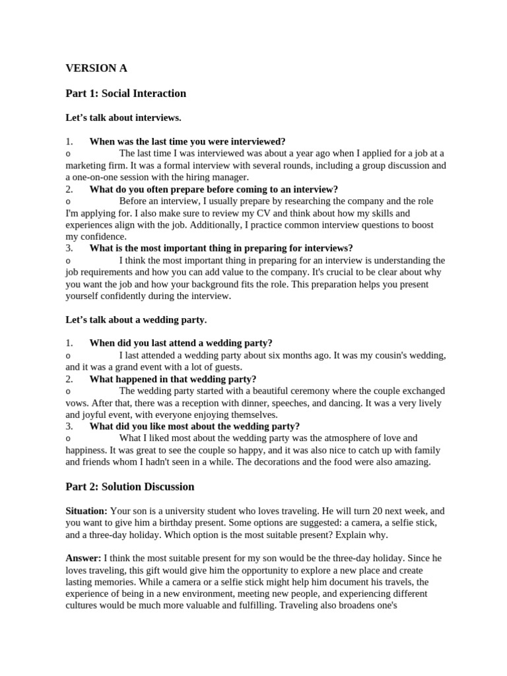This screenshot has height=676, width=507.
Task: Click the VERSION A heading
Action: (x=96, y=68)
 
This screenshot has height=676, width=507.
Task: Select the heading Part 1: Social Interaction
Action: (x=125, y=93)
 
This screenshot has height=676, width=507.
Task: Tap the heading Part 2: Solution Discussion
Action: (x=129, y=487)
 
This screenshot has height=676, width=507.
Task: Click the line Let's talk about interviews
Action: (x=123, y=118)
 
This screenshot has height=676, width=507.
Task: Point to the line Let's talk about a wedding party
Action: (x=136, y=320)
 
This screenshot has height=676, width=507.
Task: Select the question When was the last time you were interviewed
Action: (x=187, y=141)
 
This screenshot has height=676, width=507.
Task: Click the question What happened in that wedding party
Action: (x=173, y=379)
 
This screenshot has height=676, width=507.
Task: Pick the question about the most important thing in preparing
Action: (x=221, y=248)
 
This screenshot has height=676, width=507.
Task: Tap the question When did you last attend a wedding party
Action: (x=181, y=343)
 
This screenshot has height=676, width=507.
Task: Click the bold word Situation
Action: (x=86, y=511)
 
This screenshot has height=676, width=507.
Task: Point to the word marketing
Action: (x=85, y=166)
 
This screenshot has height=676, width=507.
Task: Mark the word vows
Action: (x=77, y=403)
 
